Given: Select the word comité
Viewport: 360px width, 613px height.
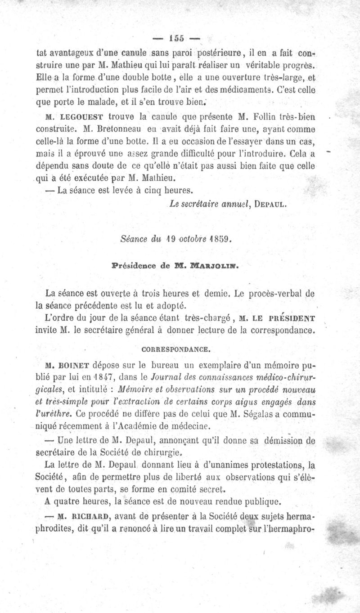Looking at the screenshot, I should coord(170,489).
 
